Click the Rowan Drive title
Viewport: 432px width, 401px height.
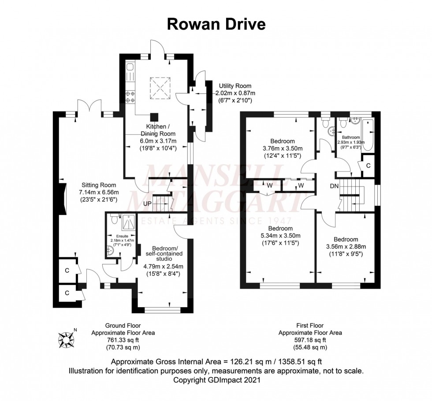click(216, 24)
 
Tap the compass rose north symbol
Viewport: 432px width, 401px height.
click(67, 338)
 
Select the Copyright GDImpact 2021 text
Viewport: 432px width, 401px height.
click(216, 379)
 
